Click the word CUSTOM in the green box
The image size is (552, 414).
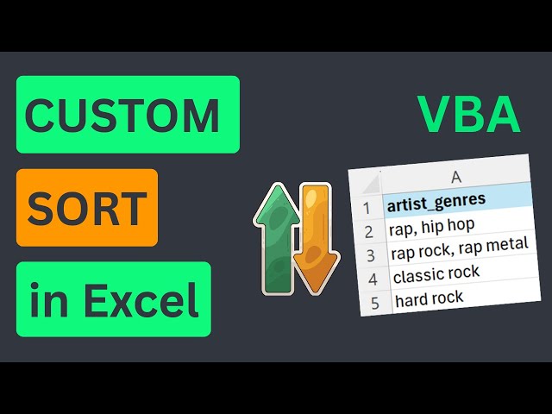point(123,115)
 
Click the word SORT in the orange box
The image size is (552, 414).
point(86,207)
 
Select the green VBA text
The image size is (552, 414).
point(469,115)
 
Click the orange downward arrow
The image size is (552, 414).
point(316,237)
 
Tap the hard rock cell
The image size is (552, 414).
point(429,298)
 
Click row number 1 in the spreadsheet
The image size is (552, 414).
point(367,208)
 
